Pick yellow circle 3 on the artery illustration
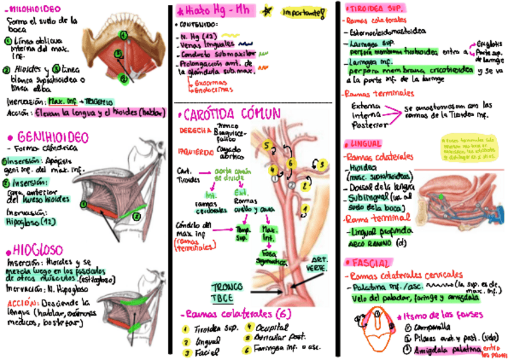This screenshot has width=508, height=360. pos(321,164)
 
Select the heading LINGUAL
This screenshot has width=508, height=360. pos(365,144)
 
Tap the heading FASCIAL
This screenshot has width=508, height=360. pos(367,263)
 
